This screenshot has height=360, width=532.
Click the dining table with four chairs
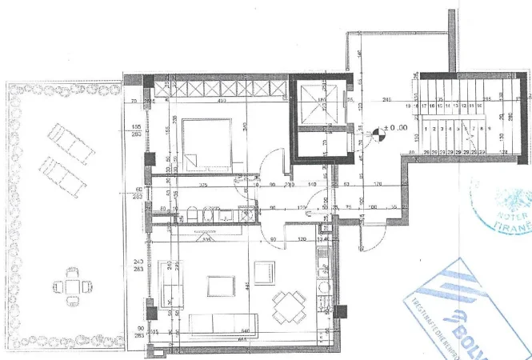pyautogui.click(x=289, y=305)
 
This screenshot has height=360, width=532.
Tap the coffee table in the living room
pyautogui.click(x=220, y=286)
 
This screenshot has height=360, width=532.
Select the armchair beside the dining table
pyautogui.click(x=266, y=273)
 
